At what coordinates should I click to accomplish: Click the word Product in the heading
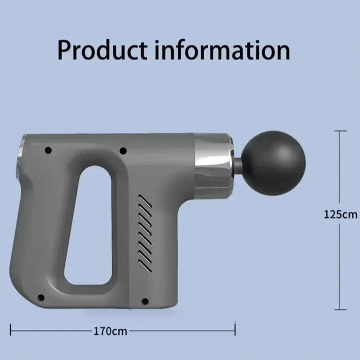point(103,50)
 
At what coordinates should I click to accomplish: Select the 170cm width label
point(110,332)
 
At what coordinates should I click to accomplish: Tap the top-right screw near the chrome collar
point(123,149)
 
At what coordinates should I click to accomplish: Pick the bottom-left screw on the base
point(41,297)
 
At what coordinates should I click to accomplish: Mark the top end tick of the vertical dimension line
point(340,131)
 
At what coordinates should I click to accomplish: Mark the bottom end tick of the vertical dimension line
point(340,310)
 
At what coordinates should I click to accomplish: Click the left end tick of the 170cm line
point(11,332)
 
